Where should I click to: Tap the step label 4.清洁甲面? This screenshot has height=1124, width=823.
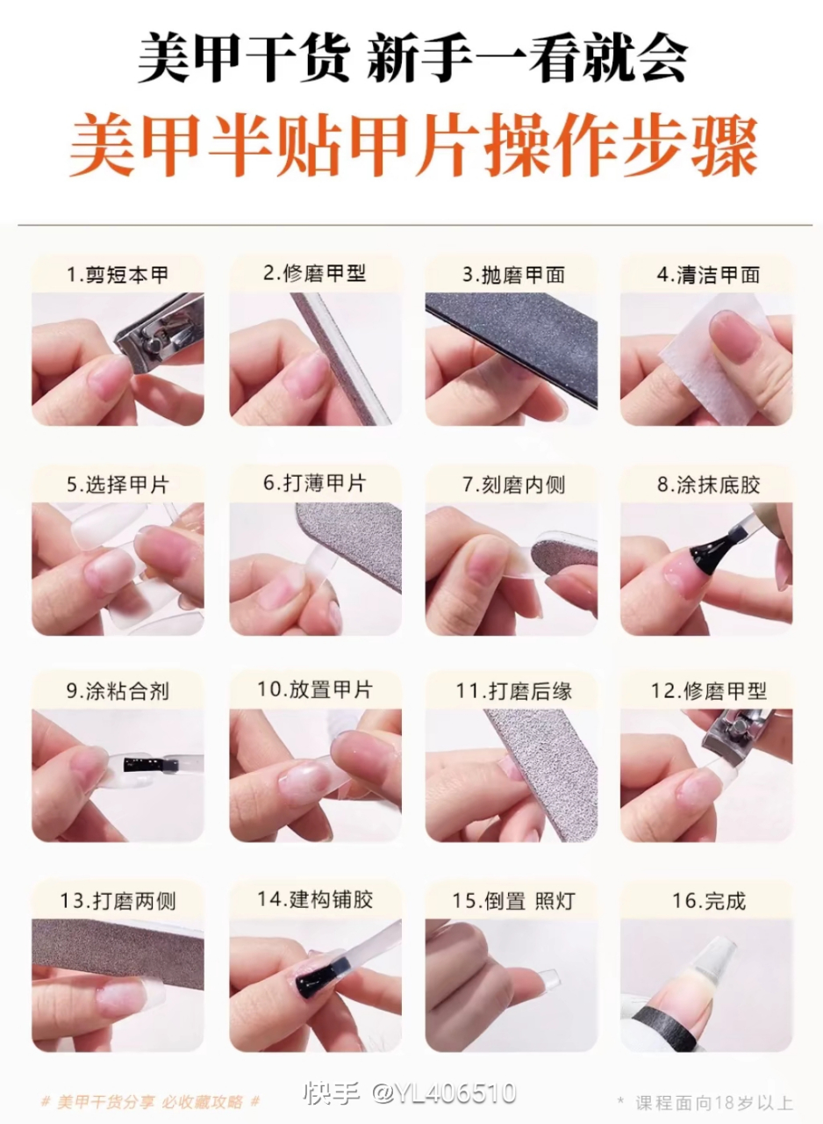click(x=707, y=275)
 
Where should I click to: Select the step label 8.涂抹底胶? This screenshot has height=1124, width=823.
click(x=707, y=484)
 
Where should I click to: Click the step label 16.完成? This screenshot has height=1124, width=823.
click(x=707, y=900)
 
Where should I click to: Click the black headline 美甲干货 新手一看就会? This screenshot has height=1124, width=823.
click(x=412, y=60)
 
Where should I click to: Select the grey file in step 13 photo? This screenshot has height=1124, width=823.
click(x=114, y=947)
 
